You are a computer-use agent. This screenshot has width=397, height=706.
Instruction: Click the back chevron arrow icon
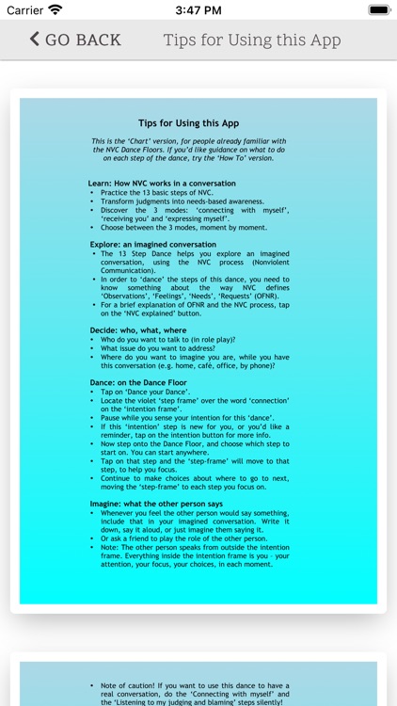tap(35, 39)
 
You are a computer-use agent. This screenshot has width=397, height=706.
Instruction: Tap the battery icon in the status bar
tap(378, 9)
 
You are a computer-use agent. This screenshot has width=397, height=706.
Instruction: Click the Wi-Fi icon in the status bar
tap(56, 9)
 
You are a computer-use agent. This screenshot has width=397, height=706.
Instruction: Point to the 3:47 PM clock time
tap(198, 9)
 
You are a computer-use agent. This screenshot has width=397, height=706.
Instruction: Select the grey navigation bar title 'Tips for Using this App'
tap(252, 40)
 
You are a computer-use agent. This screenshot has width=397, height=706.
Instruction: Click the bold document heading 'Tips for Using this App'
tap(188, 123)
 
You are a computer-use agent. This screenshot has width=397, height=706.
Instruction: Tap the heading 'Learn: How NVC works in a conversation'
tap(162, 184)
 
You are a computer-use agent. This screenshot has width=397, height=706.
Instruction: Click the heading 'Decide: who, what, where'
tap(138, 330)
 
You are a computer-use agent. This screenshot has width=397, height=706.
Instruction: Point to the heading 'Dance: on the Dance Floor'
tap(139, 382)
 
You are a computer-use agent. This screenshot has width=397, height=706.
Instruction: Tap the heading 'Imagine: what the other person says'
tap(156, 503)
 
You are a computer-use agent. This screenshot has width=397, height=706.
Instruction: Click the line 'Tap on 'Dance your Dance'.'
tap(145, 392)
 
